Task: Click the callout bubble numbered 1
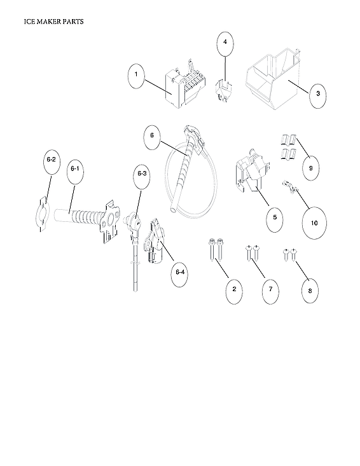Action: coord(135,76)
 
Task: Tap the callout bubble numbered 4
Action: coord(224,42)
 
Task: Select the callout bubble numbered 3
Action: coord(318,94)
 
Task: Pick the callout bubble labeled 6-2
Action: coord(52,161)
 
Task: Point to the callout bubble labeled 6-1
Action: coord(74,168)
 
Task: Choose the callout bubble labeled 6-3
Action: coord(141,174)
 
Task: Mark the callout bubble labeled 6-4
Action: coord(181,272)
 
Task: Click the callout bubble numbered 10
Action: coord(314,223)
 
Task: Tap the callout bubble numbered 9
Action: coord(311,168)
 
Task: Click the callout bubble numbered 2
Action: coord(234,289)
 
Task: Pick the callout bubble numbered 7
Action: coord(270,289)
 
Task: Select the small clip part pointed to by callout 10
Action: coord(289,186)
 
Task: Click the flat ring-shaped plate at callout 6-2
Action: coord(41,212)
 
